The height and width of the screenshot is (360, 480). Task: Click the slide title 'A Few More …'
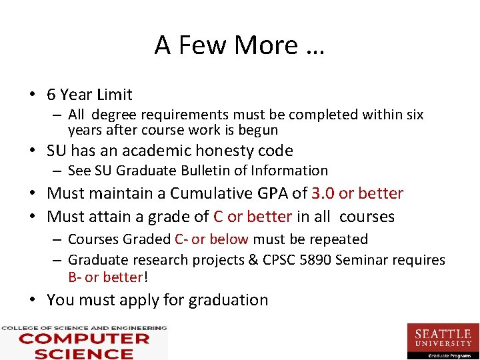239,45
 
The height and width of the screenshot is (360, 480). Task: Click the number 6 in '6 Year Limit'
51,95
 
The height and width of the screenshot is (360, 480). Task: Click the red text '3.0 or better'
357,193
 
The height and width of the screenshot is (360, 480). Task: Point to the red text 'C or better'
253,217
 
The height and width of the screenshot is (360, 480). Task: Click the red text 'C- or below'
211,239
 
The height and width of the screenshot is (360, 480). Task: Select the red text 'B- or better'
105,277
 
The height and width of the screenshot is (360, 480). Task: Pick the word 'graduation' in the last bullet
228,300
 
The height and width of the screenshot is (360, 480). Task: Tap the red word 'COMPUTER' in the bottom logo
84,339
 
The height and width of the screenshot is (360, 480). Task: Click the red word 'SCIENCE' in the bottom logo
84,353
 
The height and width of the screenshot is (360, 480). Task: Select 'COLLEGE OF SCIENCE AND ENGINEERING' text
84,328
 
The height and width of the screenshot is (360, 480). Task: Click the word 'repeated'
340,239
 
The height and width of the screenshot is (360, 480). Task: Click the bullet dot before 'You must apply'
33,301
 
